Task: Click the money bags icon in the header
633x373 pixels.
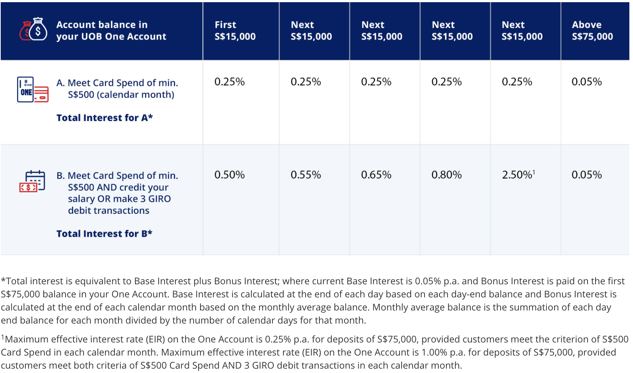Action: click(33, 29)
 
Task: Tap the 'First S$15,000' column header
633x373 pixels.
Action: click(235, 31)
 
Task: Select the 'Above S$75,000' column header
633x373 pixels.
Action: click(592, 31)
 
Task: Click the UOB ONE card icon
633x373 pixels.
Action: click(33, 89)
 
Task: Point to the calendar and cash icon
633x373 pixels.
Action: click(32, 181)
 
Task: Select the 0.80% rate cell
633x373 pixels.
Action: click(446, 175)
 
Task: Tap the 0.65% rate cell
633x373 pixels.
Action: click(376, 175)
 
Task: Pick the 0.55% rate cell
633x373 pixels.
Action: click(306, 175)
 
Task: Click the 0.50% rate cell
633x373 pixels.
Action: click(229, 175)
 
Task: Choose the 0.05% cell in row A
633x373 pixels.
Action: click(586, 82)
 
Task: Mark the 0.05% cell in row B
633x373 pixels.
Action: click(586, 175)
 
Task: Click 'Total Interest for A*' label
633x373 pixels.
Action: click(104, 118)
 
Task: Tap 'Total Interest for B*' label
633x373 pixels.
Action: click(104, 233)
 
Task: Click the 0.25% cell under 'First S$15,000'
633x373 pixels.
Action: click(229, 82)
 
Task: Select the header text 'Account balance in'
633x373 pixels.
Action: click(102, 25)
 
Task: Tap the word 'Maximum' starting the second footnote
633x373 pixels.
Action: click(27, 339)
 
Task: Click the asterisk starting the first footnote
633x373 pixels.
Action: click(3, 281)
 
